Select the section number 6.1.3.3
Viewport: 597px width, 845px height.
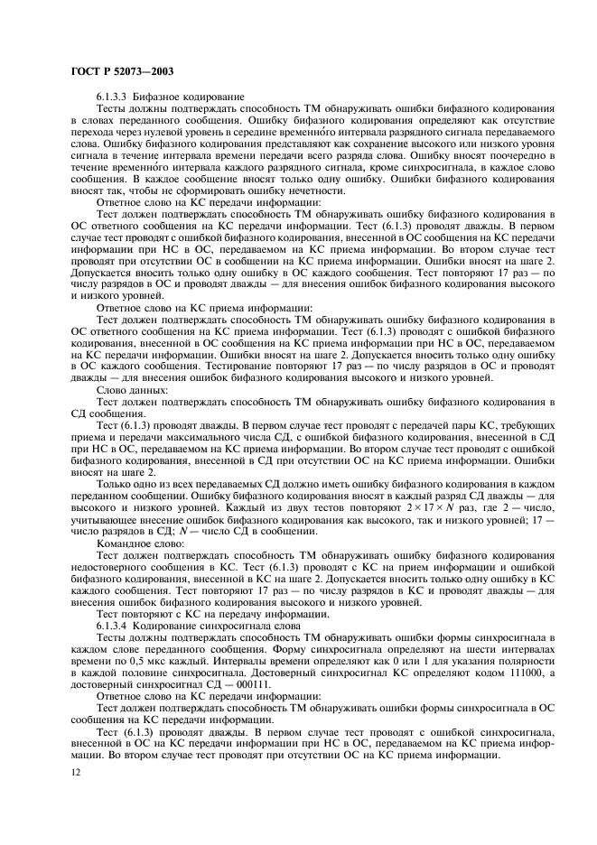click(x=113, y=95)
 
